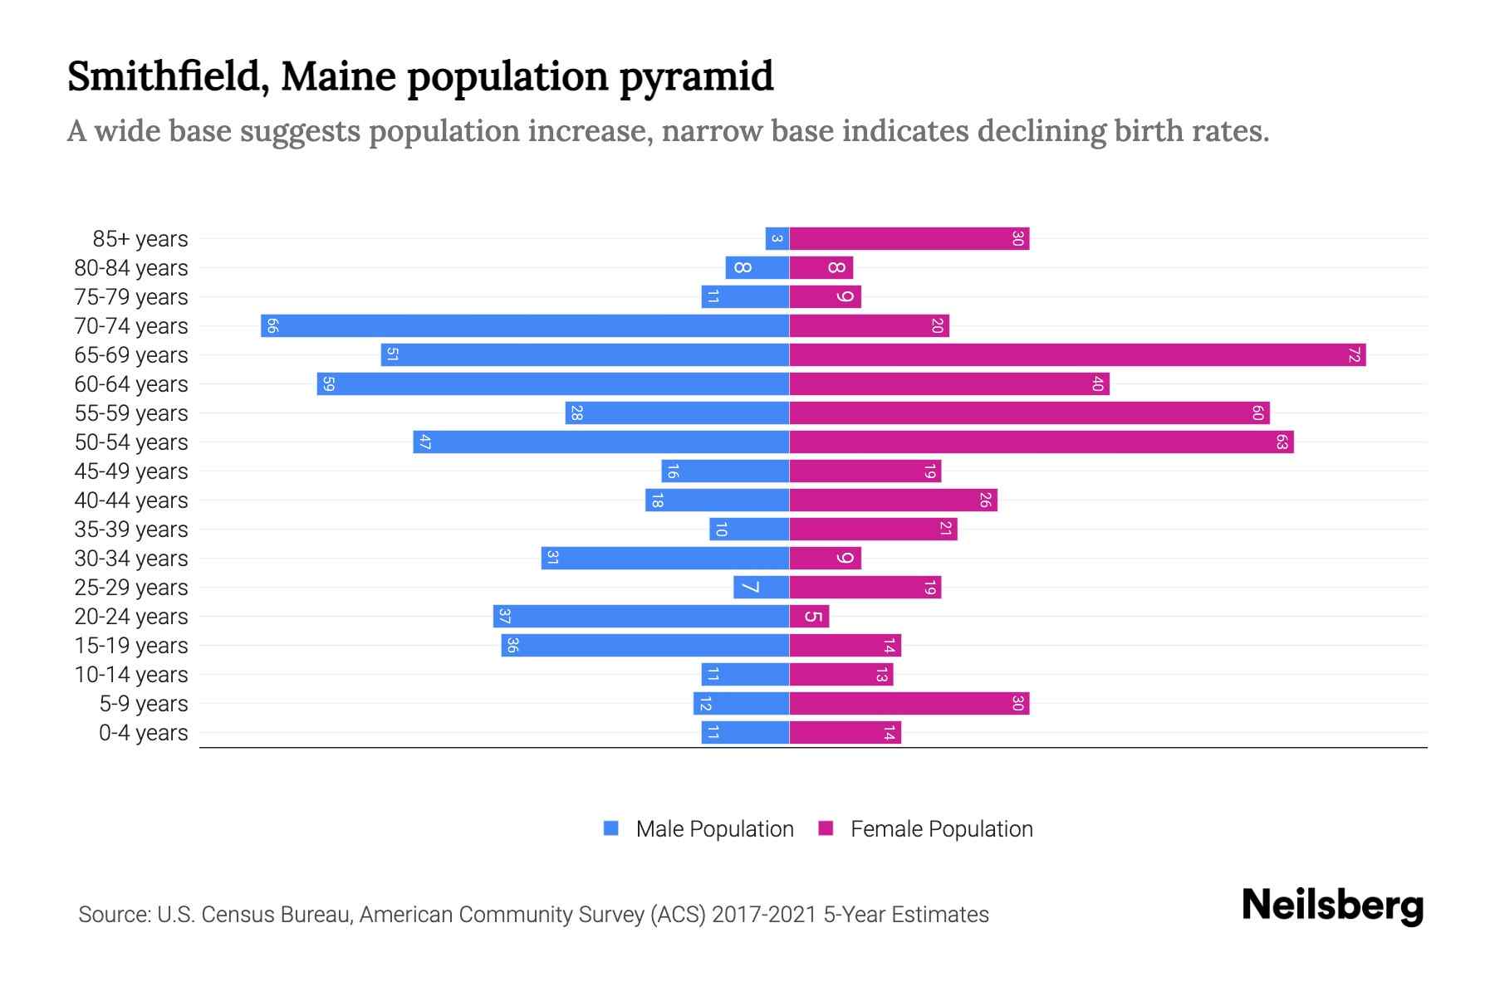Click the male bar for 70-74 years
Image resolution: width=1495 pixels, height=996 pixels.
pyautogui.click(x=525, y=325)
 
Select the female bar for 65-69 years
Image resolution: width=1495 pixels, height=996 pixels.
pyautogui.click(x=1077, y=354)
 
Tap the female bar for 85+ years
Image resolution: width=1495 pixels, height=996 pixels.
pyautogui.click(x=909, y=238)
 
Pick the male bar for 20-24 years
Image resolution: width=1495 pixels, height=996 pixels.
pyautogui.click(x=641, y=616)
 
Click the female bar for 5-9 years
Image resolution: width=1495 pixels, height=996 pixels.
pyautogui.click(x=909, y=703)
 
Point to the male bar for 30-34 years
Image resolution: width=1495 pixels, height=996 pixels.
pyautogui.click(x=665, y=558)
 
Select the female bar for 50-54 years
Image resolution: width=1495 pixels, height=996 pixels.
pyautogui.click(x=1041, y=442)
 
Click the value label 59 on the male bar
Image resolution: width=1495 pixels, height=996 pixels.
pyautogui.click(x=328, y=384)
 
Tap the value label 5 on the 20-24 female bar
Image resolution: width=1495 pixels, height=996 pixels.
pyautogui.click(x=813, y=617)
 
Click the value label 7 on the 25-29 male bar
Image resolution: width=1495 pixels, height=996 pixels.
pyautogui.click(x=750, y=588)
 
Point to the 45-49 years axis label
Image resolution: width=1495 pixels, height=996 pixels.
pyautogui.click(x=131, y=471)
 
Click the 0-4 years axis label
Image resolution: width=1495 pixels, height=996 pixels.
pyautogui.click(x=143, y=733)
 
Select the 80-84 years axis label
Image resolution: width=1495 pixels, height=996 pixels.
pyautogui.click(x=131, y=268)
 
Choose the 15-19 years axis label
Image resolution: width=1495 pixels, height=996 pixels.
pyautogui.click(x=131, y=646)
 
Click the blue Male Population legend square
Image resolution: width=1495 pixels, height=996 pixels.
pyautogui.click(x=611, y=828)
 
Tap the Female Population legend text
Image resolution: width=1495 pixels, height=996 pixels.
pyautogui.click(x=941, y=829)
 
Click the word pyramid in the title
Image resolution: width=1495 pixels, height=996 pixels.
pyautogui.click(x=696, y=77)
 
